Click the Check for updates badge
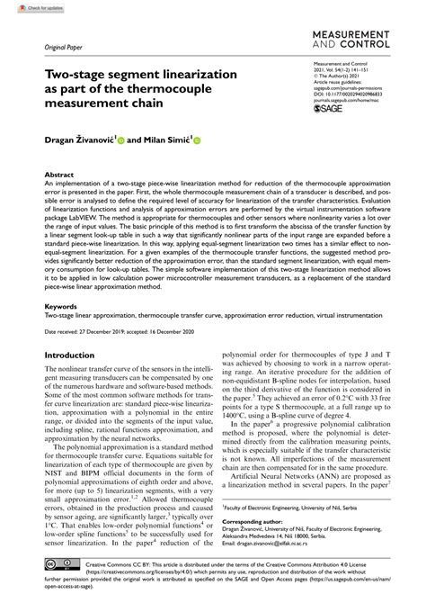[26, 6]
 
